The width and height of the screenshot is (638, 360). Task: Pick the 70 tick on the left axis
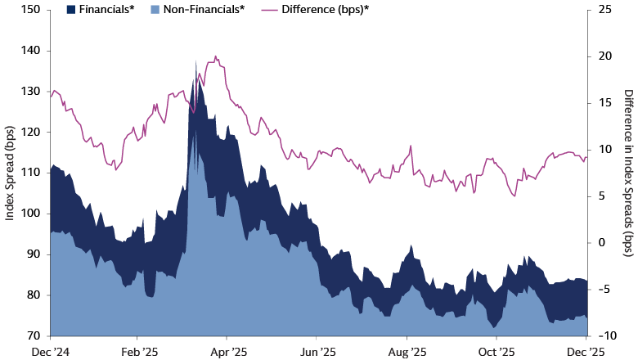pos(34,335)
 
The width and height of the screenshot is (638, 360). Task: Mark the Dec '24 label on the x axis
pos(51,351)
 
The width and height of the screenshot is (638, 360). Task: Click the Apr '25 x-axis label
pos(229,351)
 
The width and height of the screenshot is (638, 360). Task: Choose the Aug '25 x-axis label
pos(407,351)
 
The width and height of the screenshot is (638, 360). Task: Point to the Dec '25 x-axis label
pos(586,351)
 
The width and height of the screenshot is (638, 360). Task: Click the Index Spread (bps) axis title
pos(10,173)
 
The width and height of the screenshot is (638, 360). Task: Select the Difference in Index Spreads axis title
pos(627,173)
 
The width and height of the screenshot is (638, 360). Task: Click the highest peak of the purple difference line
pos(215,56)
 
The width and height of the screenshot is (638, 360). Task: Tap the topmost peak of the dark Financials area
pos(195,61)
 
